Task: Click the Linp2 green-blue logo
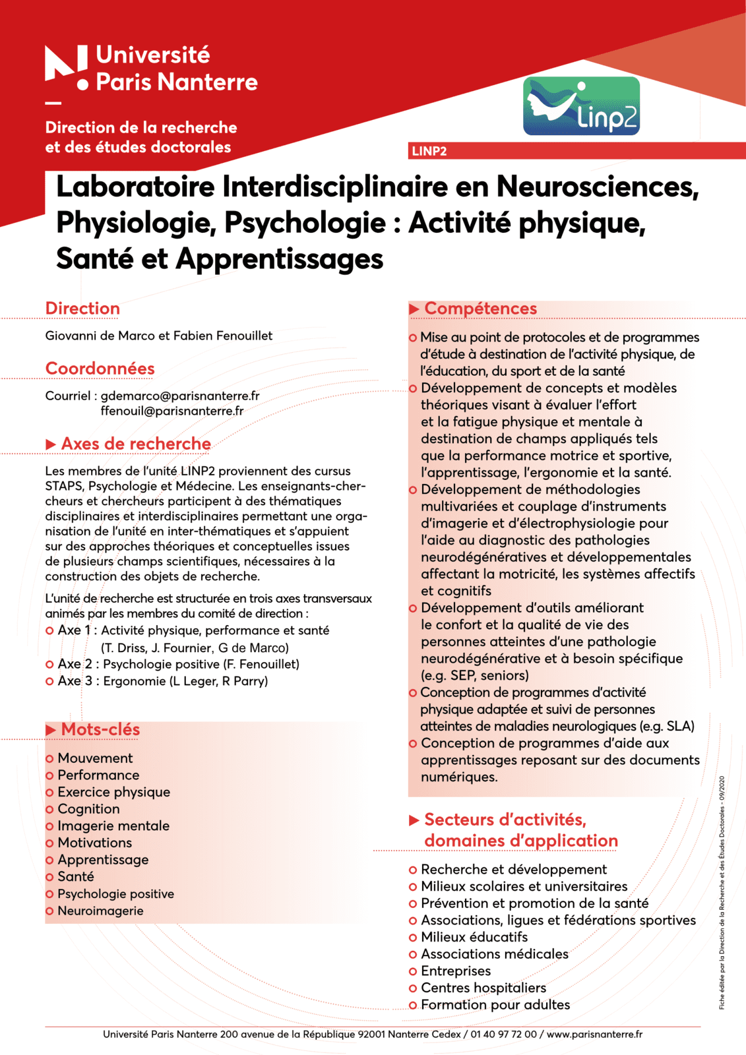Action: [581, 106]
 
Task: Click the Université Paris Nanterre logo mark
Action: [66, 66]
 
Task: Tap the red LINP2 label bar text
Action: [429, 151]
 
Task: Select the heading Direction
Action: [82, 309]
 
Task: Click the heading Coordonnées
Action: [100, 369]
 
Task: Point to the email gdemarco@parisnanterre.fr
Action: [179, 396]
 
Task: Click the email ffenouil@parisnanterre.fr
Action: [171, 411]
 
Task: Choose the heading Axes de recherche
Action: [135, 444]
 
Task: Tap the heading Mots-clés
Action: [100, 729]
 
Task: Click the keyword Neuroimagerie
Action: [100, 911]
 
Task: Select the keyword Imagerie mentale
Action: [113, 826]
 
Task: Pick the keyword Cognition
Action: [88, 809]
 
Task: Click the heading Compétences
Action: [480, 309]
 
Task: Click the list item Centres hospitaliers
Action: [483, 988]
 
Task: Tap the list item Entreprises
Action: [456, 971]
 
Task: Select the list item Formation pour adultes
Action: [495, 1005]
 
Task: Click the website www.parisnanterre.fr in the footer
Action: [594, 1035]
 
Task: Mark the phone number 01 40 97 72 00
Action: [503, 1035]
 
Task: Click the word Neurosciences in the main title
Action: [597, 187]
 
